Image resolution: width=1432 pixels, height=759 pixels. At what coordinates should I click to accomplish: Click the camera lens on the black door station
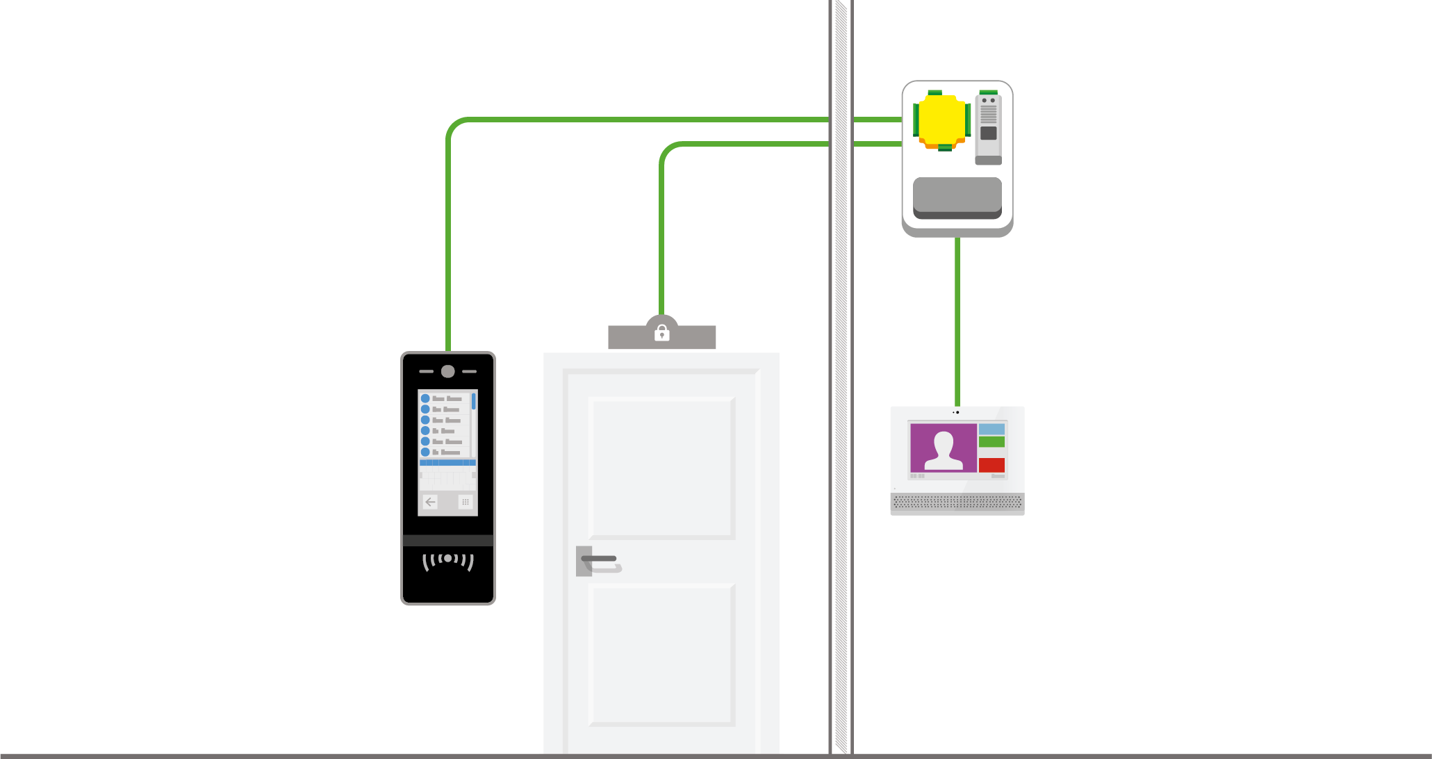point(448,371)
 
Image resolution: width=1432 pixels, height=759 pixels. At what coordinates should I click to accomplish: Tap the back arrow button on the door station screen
point(430,501)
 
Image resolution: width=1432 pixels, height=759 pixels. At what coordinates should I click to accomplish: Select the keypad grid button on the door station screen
point(466,501)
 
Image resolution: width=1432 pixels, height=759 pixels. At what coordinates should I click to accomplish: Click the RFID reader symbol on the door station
point(448,560)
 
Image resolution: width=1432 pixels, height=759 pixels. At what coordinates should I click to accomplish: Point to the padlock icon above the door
point(662,334)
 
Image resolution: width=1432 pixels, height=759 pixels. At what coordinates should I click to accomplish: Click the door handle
point(600,560)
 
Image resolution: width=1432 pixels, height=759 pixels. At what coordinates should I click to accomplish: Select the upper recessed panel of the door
point(661,467)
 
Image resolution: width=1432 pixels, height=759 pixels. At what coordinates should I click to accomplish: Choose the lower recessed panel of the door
point(661,654)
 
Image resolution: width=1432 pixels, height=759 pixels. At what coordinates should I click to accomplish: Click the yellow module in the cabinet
point(941,120)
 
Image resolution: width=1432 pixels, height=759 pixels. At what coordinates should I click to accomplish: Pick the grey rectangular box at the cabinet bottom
point(957,197)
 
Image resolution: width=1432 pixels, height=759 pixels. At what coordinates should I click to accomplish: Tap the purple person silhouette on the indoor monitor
point(944,448)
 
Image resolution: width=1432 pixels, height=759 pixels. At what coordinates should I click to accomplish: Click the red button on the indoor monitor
point(991,465)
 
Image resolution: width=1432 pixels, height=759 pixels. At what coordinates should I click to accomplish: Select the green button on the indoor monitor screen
point(991,442)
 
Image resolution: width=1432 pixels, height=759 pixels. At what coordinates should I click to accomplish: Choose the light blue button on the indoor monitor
point(991,430)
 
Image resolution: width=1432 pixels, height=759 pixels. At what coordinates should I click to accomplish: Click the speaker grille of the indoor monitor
point(957,502)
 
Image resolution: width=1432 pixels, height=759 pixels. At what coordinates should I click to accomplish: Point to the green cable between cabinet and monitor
point(957,320)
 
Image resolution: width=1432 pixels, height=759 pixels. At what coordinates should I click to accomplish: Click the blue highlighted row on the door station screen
point(447,462)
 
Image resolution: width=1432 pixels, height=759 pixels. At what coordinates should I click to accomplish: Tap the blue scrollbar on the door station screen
point(474,401)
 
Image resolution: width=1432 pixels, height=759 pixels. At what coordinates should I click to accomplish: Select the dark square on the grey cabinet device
point(988,133)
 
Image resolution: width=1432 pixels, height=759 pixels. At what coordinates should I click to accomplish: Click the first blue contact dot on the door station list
point(425,398)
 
